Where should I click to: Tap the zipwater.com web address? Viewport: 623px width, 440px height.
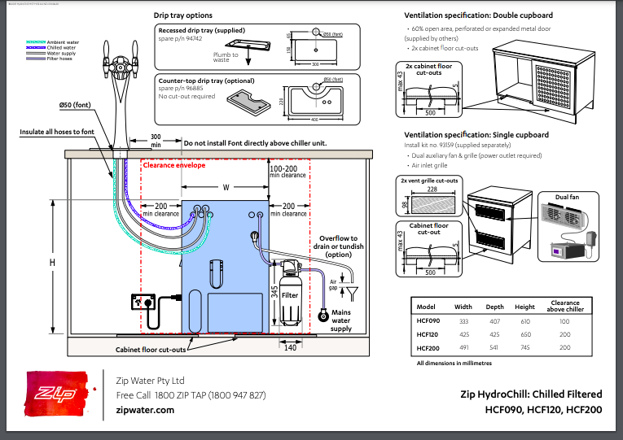click(145, 411)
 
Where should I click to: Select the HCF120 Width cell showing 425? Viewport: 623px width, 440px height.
click(463, 333)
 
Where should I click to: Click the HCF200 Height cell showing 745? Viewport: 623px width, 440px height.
click(524, 347)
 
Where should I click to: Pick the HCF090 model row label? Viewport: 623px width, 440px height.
click(428, 320)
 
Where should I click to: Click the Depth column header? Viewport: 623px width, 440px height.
click(494, 307)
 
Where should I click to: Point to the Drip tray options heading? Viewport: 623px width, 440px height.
click(183, 15)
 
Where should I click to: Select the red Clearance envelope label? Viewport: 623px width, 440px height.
click(173, 164)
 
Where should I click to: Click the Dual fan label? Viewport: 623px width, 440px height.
click(568, 197)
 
